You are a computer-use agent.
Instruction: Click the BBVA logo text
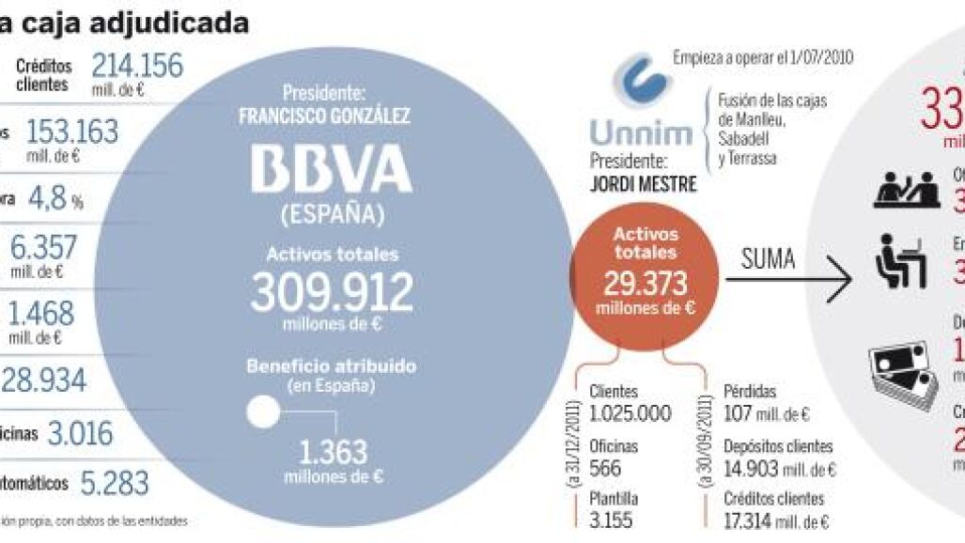[331, 171]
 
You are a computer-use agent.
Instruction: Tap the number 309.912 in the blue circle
[331, 292]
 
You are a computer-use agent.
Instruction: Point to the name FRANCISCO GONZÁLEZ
[333, 118]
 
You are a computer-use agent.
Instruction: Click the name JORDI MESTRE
[643, 184]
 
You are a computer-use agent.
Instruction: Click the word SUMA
[769, 259]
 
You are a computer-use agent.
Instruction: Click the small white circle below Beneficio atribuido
[262, 411]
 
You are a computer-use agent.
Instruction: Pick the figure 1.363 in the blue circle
[333, 453]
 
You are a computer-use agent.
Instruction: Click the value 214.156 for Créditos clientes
[137, 66]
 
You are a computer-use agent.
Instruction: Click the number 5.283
[114, 483]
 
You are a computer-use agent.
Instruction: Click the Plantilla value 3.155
[611, 520]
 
